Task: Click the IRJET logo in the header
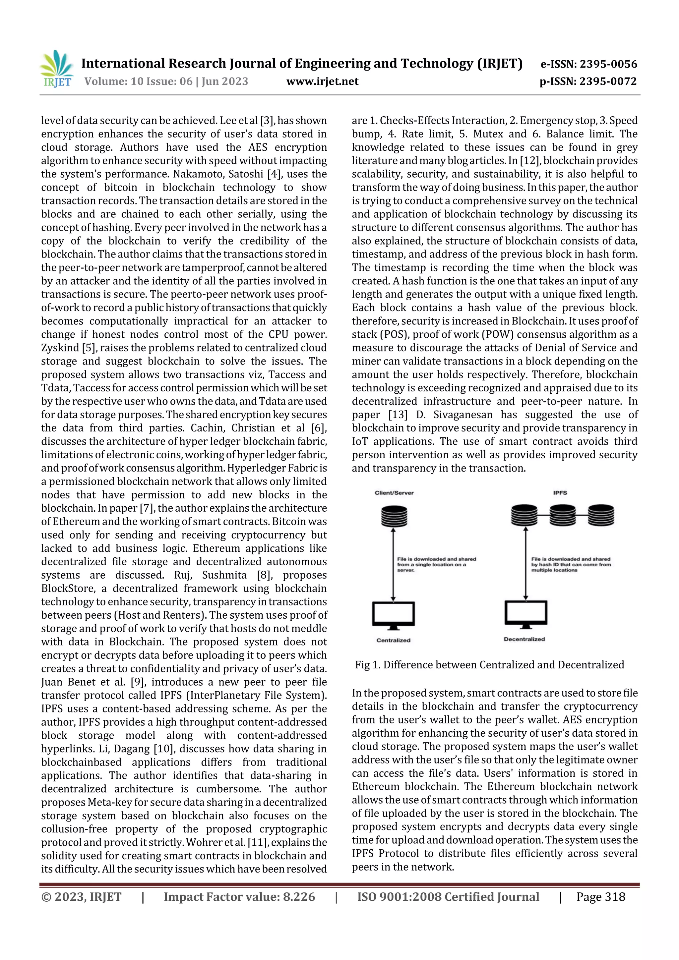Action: point(57,69)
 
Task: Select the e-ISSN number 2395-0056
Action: point(608,64)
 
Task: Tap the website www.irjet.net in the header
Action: point(322,82)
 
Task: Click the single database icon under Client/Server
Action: point(394,516)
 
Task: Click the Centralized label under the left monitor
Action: point(393,640)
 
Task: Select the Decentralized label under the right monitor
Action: point(524,639)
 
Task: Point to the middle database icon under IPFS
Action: point(563,515)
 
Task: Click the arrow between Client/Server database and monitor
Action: point(393,564)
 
